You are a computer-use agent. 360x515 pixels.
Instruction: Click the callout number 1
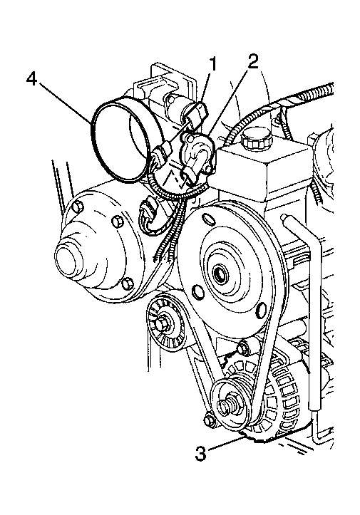click(x=213, y=64)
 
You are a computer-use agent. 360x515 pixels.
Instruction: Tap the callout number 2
click(x=252, y=61)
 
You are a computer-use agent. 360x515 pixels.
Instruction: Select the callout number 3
click(x=200, y=453)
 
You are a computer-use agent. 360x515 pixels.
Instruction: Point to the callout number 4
click(x=32, y=79)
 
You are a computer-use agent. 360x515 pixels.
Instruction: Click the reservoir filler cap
click(x=257, y=140)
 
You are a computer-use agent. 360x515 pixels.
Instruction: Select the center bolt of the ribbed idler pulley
click(x=162, y=324)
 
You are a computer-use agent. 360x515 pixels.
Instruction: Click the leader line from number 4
click(x=65, y=103)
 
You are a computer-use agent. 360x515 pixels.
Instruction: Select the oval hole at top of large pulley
click(x=210, y=219)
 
